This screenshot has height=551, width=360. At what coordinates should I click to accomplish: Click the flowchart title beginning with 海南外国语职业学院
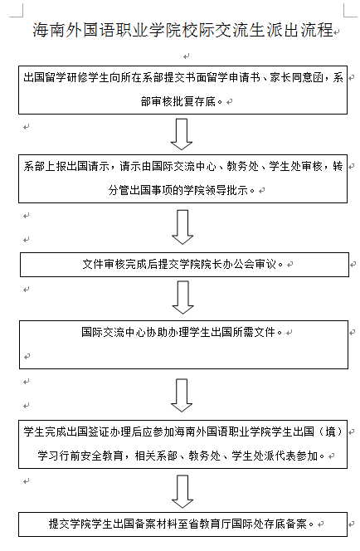click(182, 30)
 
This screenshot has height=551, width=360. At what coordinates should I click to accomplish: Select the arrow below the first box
click(181, 134)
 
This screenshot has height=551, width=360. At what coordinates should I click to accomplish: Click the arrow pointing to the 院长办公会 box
click(182, 227)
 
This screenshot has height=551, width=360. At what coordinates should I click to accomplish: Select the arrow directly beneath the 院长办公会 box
click(182, 297)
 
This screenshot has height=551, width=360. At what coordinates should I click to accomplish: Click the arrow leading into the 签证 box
click(182, 395)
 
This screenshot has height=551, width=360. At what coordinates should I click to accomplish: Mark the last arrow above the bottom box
click(182, 491)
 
